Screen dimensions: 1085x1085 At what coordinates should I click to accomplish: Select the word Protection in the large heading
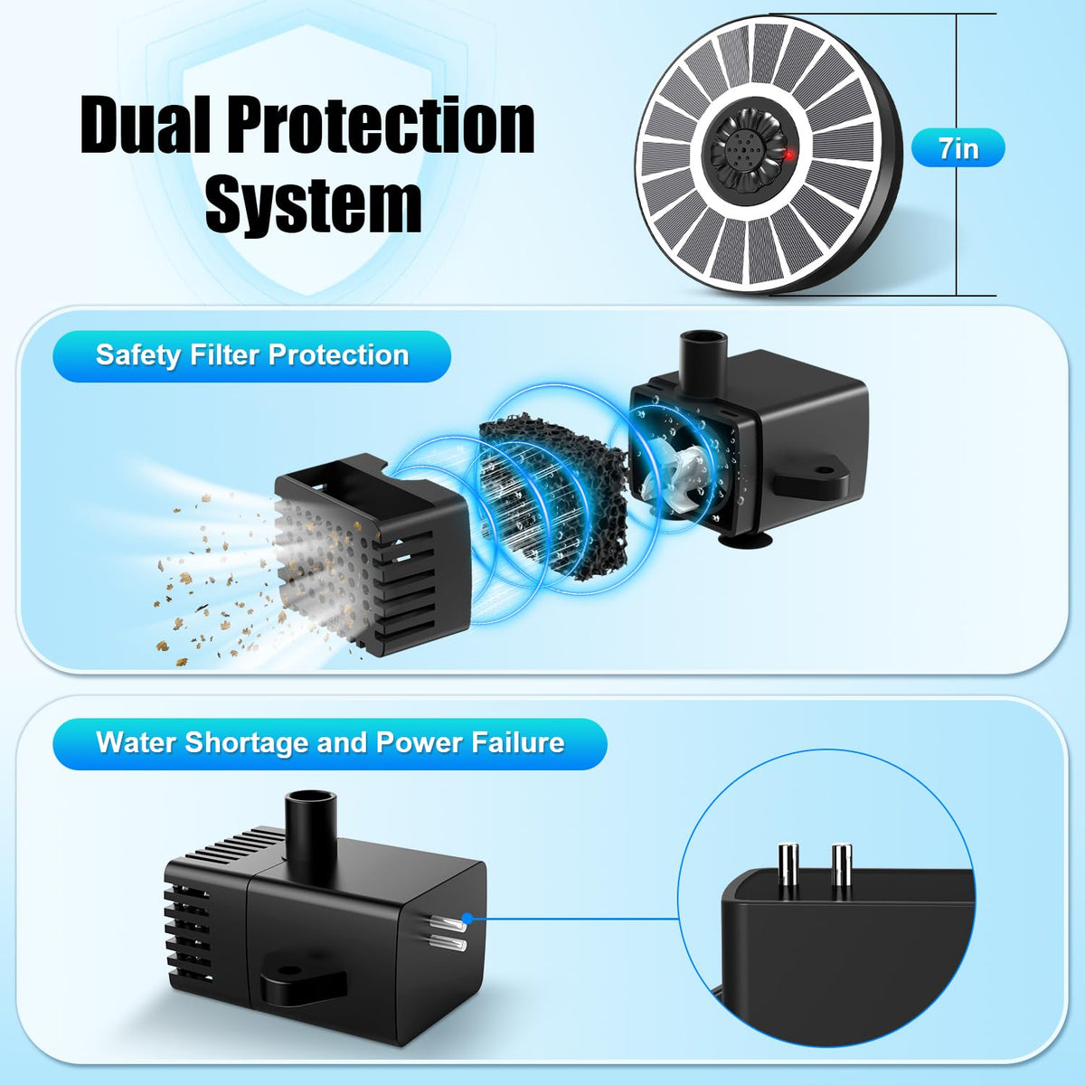point(380,124)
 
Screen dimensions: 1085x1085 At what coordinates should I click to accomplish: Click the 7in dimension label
point(958,148)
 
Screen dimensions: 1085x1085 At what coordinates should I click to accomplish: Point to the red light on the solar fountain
point(789,155)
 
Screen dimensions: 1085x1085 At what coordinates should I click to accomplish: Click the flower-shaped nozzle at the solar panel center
point(745,154)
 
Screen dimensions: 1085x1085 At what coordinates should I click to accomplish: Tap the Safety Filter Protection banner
point(251,355)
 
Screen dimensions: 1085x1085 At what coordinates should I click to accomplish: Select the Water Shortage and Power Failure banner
point(330,742)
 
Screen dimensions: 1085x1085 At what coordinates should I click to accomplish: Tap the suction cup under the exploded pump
point(745,542)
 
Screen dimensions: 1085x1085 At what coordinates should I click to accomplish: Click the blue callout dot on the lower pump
point(467,919)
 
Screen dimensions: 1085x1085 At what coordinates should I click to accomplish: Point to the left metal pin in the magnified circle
point(788,873)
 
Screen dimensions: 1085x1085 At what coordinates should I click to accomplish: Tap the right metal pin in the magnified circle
point(841,873)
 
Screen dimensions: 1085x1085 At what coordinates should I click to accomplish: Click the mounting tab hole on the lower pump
point(290,970)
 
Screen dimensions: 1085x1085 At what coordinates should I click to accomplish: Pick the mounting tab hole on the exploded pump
point(824,468)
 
